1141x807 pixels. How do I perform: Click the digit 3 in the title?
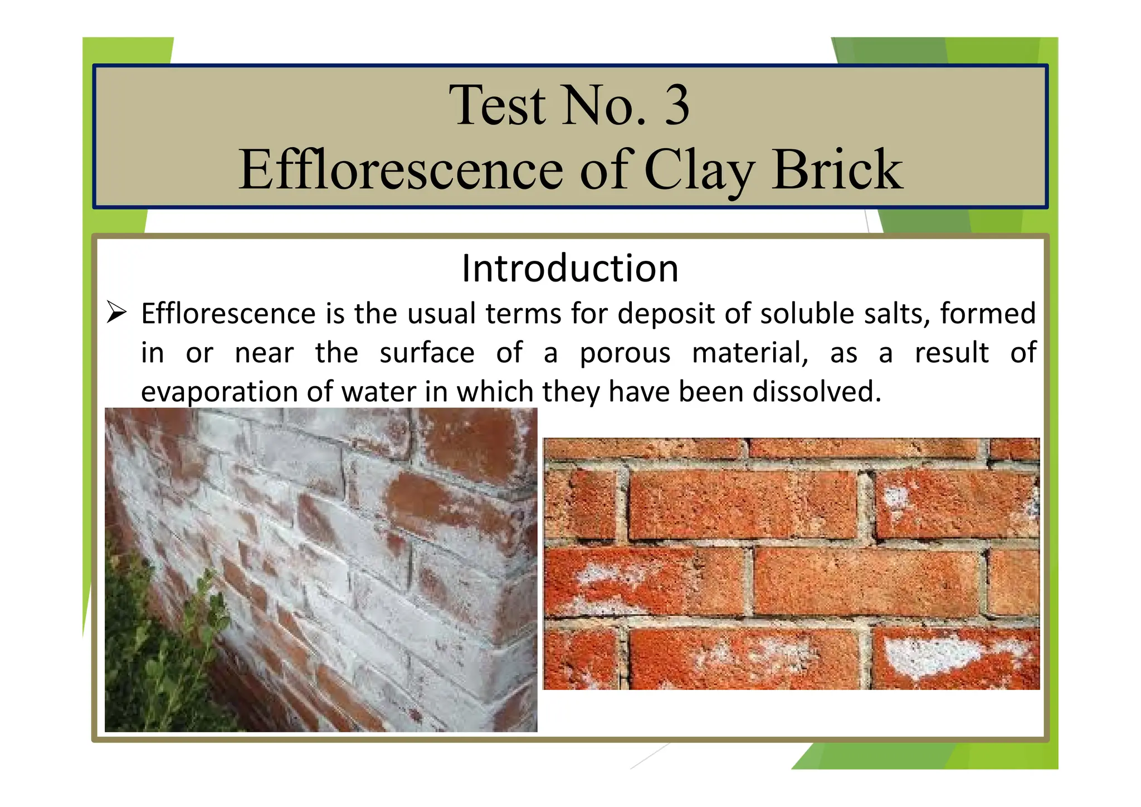pyautogui.click(x=676, y=105)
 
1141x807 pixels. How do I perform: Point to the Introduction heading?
pyautogui.click(x=570, y=269)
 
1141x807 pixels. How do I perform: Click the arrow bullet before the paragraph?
pyautogui.click(x=117, y=313)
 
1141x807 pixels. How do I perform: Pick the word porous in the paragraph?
pyautogui.click(x=625, y=353)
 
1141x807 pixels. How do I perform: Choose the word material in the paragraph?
pyautogui.click(x=750, y=353)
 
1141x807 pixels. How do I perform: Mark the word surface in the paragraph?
pyautogui.click(x=427, y=353)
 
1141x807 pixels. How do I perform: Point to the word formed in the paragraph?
pyautogui.click(x=988, y=313)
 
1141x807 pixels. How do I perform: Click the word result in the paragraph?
pyautogui.click(x=952, y=353)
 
